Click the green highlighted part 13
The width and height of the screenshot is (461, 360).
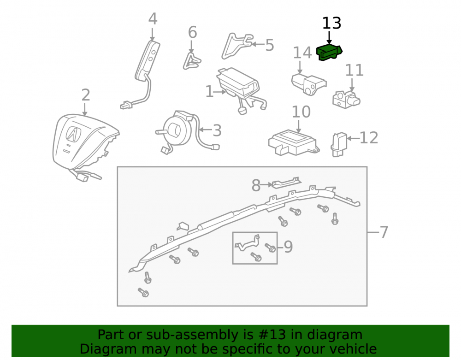click(329, 53)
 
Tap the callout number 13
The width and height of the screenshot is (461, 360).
click(331, 23)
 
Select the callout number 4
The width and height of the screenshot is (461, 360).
click(153, 19)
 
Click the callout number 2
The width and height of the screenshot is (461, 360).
click(86, 95)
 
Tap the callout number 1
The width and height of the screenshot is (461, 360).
click(209, 92)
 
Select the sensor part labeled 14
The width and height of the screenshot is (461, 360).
click(308, 85)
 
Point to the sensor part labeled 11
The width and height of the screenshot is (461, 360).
click(346, 100)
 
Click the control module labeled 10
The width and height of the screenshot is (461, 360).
click(293, 143)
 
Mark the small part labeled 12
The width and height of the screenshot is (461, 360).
click(339, 145)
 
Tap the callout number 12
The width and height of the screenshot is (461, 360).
click(369, 137)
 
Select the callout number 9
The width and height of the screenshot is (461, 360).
click(288, 247)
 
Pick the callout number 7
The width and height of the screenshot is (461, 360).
click(384, 232)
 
